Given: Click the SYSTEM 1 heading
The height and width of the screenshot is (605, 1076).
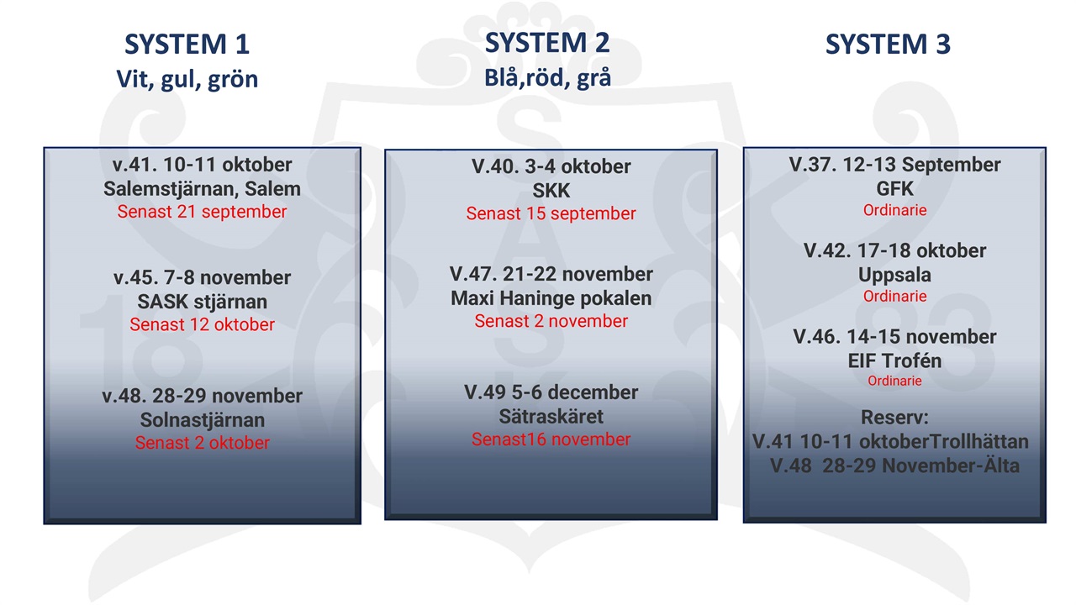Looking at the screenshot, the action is click(187, 45).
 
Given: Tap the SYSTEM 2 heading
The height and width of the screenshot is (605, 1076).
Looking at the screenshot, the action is click(547, 42).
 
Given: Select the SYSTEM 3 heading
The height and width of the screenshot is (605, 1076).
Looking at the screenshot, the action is click(888, 45).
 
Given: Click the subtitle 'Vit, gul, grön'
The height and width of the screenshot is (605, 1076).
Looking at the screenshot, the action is click(187, 79).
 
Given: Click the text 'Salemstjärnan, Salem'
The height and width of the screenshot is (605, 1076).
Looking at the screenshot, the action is click(202, 189).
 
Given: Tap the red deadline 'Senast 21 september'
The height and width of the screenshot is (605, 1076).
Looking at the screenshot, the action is click(202, 212).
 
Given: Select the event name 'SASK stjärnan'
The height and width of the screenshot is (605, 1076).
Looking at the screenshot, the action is click(202, 302).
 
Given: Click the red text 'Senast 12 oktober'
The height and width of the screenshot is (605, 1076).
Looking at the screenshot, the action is click(202, 324).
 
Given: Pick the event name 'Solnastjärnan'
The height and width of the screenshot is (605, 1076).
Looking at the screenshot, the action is click(202, 420).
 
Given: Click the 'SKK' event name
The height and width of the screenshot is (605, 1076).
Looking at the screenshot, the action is click(551, 191).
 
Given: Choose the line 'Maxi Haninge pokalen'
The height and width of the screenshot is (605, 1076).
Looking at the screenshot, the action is click(551, 298).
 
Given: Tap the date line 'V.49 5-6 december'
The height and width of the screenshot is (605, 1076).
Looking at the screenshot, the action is click(551, 392).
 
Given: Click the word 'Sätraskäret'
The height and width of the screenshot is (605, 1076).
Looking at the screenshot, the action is click(551, 416).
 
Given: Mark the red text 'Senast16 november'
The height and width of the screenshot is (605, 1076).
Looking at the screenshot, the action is click(551, 439).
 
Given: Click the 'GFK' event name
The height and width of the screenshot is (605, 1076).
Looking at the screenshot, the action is click(894, 189).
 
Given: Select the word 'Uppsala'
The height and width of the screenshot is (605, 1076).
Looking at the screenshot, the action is click(894, 276).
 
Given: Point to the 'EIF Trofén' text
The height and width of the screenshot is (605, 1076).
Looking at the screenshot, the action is click(894, 360).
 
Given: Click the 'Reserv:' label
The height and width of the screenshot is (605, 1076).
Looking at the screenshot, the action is click(894, 418).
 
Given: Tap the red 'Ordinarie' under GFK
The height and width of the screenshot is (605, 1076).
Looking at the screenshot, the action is click(894, 210).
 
